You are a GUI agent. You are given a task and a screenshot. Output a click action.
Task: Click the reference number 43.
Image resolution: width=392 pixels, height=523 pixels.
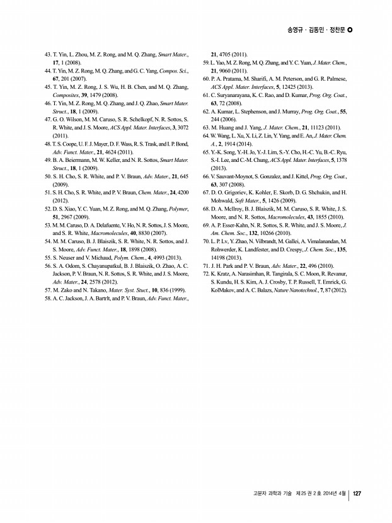coord(48,55)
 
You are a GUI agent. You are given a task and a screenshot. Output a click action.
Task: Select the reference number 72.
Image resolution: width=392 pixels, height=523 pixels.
coord(205,275)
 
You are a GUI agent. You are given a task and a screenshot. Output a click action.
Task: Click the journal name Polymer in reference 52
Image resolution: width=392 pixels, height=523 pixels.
coord(179,207)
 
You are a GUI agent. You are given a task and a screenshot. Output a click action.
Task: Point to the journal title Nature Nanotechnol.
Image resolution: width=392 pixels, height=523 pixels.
coord(310,291)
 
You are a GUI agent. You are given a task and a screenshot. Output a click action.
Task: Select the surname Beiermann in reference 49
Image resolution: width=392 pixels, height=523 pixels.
coord(78,159)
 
